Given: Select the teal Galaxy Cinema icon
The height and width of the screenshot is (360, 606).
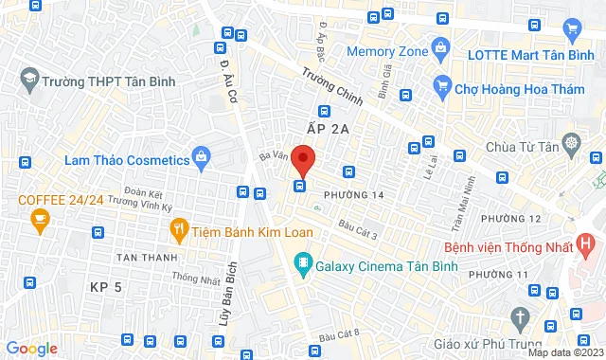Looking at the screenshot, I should click(302, 261).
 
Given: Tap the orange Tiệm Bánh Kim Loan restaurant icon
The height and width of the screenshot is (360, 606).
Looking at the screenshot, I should click(177, 228).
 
